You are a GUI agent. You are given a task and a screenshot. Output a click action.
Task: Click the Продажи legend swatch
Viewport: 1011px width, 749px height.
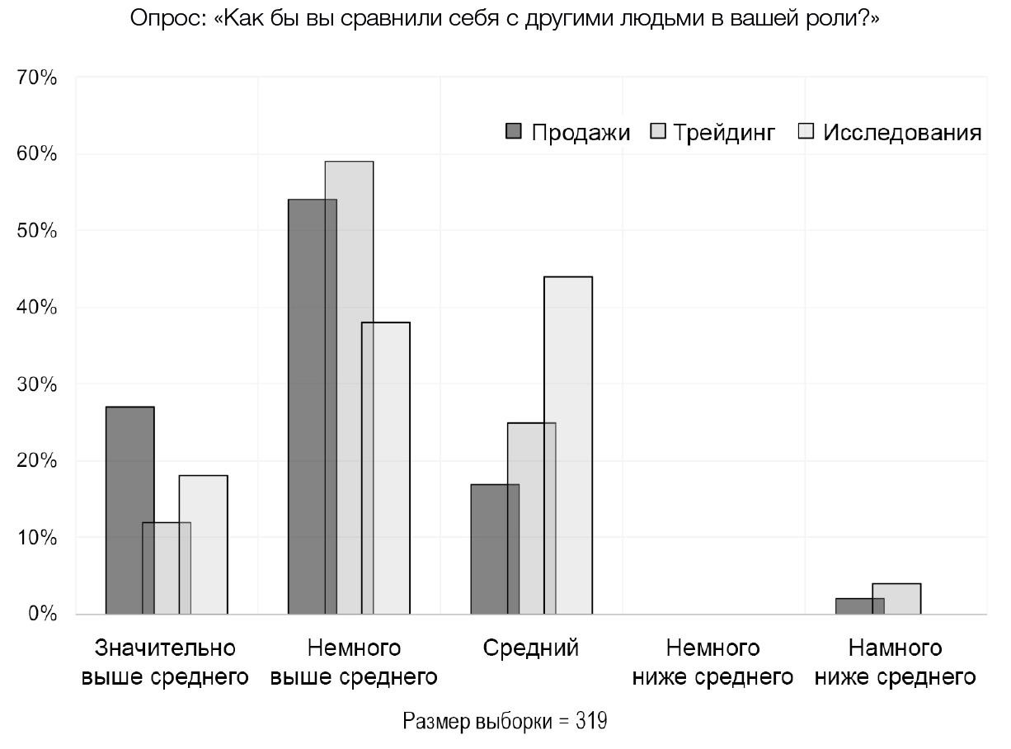click(x=514, y=131)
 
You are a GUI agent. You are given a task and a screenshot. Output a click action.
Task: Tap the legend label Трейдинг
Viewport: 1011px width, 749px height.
click(x=724, y=132)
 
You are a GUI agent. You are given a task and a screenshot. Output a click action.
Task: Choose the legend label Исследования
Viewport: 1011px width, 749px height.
click(x=902, y=132)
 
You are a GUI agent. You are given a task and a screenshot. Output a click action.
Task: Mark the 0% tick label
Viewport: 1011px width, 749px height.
click(x=41, y=615)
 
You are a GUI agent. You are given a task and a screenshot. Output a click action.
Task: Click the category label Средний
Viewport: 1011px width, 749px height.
click(x=531, y=648)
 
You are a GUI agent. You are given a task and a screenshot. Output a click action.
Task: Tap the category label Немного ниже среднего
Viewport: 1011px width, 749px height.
click(x=712, y=662)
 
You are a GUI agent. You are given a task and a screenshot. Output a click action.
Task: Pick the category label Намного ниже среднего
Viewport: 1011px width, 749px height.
click(x=895, y=662)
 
